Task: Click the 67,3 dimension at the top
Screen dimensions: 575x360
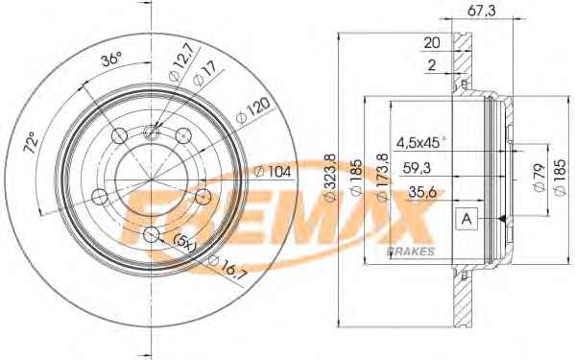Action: [482, 11]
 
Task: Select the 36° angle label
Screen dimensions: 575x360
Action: [111, 60]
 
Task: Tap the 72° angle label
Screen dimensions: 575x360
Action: [31, 142]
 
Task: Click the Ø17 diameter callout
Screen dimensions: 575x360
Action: [204, 75]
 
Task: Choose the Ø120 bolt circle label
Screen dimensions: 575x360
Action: [253, 110]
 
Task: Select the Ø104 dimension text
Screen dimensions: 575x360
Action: [273, 171]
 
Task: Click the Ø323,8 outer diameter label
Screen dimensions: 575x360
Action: [331, 178]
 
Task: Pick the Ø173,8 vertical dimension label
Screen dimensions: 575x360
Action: [383, 178]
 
